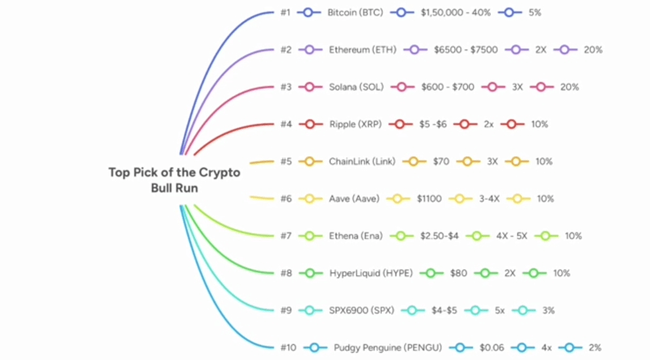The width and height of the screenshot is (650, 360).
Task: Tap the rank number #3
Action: pyautogui.click(x=286, y=87)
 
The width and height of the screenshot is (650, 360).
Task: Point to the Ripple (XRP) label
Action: pyautogui.click(x=356, y=124)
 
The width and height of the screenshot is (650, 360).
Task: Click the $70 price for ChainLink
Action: pyautogui.click(x=441, y=162)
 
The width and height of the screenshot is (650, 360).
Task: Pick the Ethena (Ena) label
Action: pyautogui.click(x=355, y=236)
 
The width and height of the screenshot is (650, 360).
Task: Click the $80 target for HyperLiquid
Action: pyautogui.click(x=458, y=274)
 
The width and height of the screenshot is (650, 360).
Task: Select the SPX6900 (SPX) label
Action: pyautogui.click(x=361, y=311)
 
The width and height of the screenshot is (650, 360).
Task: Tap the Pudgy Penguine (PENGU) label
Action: pyautogui.click(x=388, y=348)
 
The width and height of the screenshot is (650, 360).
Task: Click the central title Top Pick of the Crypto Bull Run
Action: pyautogui.click(x=174, y=180)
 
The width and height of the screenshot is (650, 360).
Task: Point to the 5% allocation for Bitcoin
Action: pyautogui.click(x=535, y=12)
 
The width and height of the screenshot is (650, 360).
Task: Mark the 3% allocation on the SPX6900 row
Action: pyautogui.click(x=548, y=311)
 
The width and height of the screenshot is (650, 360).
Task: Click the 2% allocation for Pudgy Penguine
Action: pyautogui.click(x=594, y=348)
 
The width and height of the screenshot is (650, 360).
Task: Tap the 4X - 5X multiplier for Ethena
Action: pyautogui.click(x=511, y=236)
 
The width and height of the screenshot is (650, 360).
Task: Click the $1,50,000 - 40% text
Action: pyautogui.click(x=456, y=12)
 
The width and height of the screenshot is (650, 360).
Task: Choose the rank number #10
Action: pyautogui.click(x=289, y=348)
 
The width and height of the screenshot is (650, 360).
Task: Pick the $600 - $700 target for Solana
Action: pyautogui.click(x=448, y=87)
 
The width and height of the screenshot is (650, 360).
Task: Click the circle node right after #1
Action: pyautogui.click(x=308, y=12)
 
